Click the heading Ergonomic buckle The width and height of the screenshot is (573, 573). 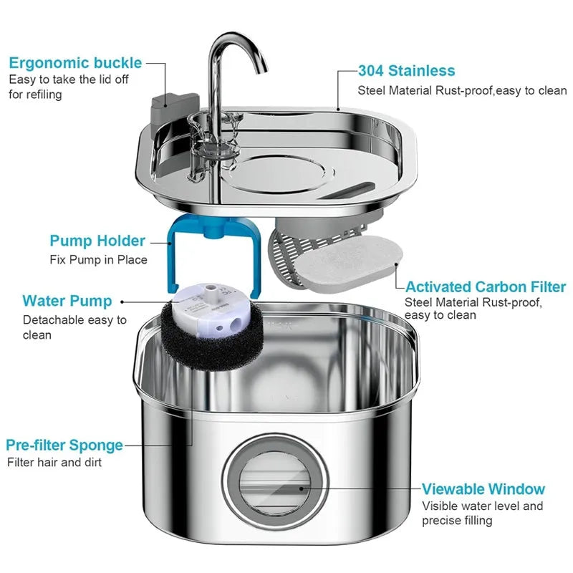(x=75, y=62)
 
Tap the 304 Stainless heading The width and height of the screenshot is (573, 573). (x=406, y=70)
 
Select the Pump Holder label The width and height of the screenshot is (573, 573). (x=97, y=241)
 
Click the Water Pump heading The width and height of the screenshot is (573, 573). (x=67, y=301)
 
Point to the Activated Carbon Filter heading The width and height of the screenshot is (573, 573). (x=486, y=286)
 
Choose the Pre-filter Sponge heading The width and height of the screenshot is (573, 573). (x=64, y=445)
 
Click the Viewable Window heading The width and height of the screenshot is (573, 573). (x=483, y=489)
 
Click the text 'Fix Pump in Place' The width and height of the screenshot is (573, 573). (x=98, y=259)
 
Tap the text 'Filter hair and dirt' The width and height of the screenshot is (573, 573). (x=54, y=463)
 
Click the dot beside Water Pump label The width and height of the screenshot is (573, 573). (x=122, y=302)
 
